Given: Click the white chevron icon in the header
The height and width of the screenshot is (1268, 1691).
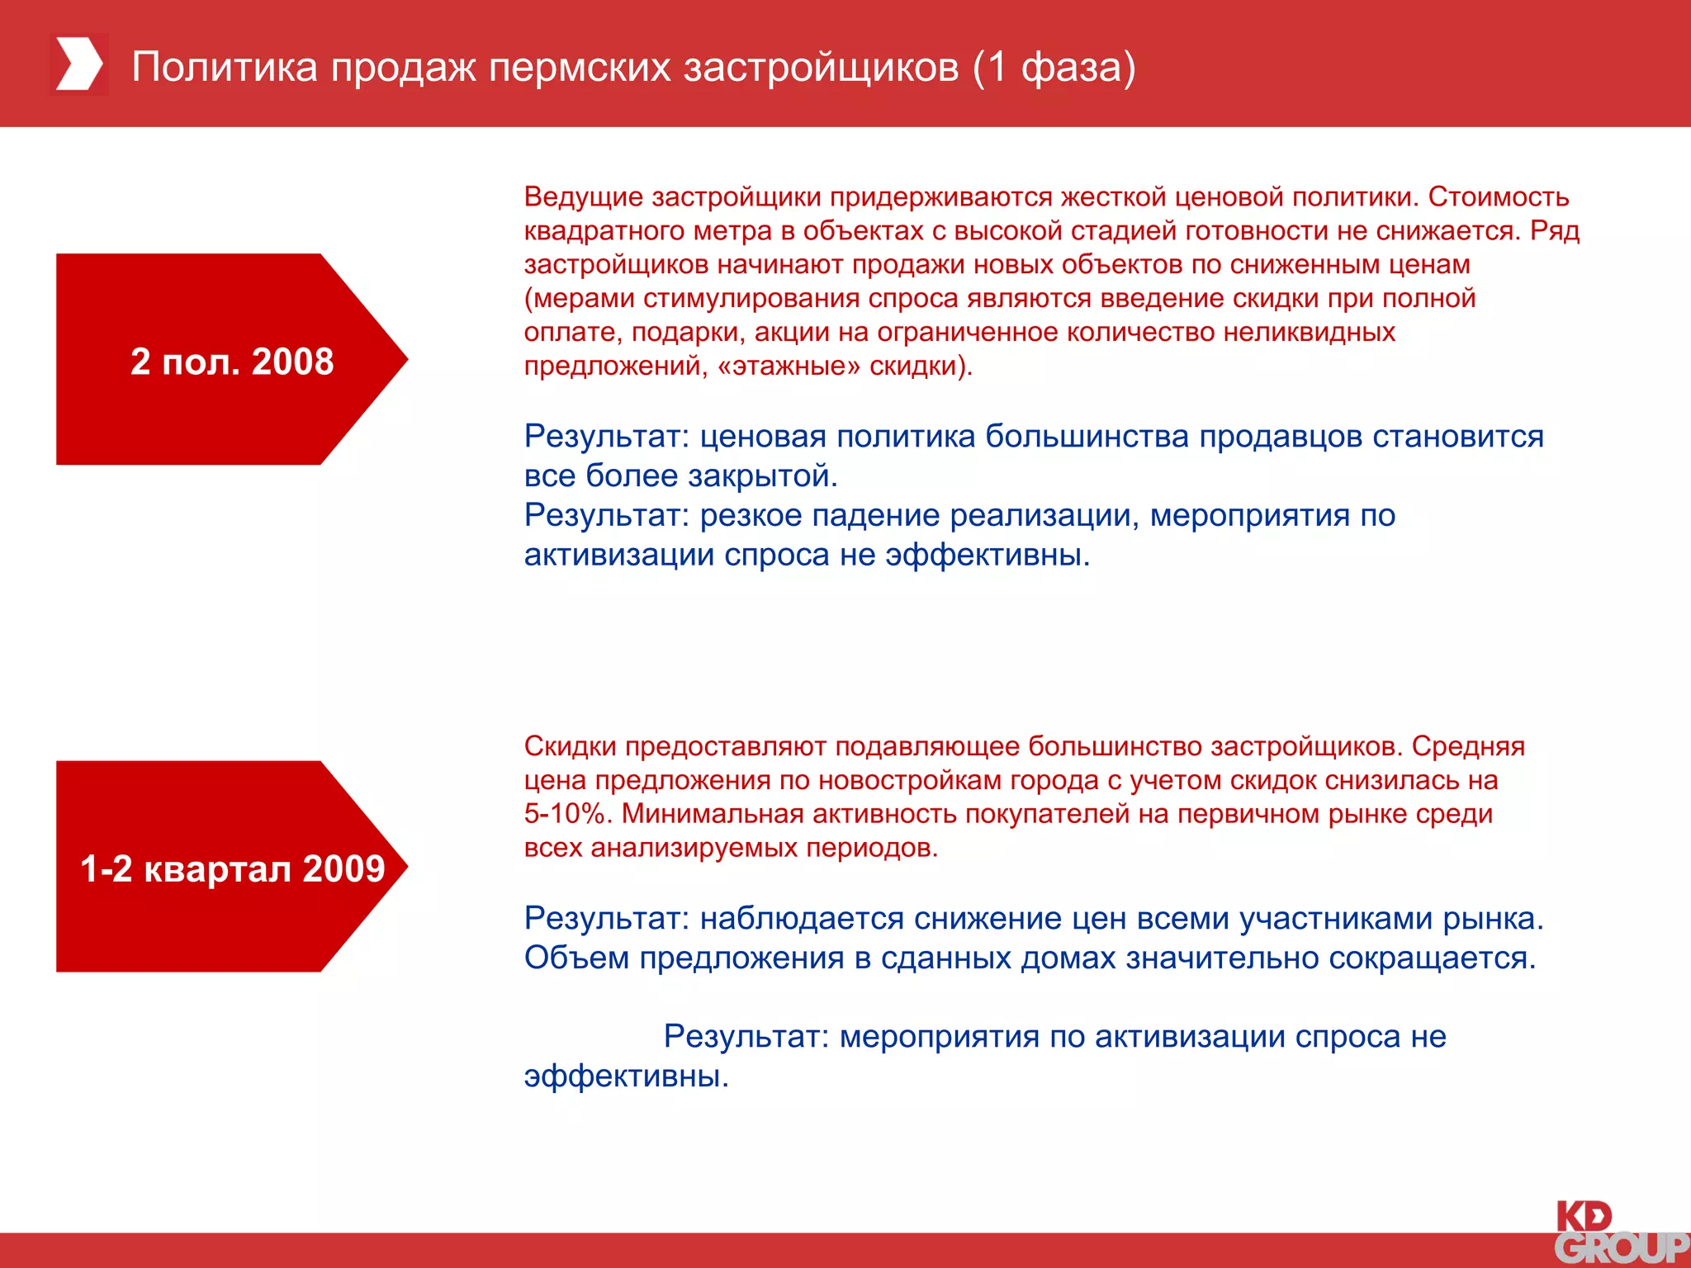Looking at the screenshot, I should coord(79,64).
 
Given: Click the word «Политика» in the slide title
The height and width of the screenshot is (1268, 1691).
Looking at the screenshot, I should coord(225,67).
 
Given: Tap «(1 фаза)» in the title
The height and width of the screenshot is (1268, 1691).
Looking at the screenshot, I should coord(1054,67).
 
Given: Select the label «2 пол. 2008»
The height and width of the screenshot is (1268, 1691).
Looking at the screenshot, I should coord(232,362).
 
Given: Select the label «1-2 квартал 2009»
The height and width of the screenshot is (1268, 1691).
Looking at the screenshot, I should coord(232,868).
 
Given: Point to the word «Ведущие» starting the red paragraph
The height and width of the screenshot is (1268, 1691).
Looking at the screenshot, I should coord(583,197).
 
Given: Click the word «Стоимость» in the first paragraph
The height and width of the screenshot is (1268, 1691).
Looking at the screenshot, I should coord(1498,197).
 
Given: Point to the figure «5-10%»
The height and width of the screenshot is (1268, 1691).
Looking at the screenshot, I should coord(566,814).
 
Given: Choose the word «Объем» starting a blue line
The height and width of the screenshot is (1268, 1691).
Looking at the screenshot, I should coord(576,958).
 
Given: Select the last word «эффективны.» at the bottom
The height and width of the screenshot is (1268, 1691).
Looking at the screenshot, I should coord(626,1076).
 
